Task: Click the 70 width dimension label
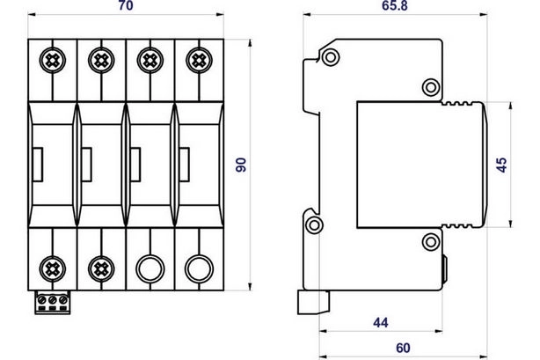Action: click(126, 6)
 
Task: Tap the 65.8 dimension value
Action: click(395, 6)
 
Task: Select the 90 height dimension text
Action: click(241, 165)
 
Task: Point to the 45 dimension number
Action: click(502, 165)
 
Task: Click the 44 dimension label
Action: click(381, 323)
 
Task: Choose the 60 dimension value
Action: click(403, 349)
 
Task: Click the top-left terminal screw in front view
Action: click(53, 61)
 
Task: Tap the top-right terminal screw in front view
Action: click(199, 61)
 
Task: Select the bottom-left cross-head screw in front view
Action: click(53, 268)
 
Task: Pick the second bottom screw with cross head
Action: click(101, 268)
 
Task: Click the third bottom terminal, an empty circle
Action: click(150, 268)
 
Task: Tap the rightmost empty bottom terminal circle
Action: click(199, 268)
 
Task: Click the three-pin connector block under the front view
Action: click(53, 303)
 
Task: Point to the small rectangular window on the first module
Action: click(38, 165)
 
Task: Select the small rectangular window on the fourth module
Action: click(184, 165)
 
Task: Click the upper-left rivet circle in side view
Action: click(331, 57)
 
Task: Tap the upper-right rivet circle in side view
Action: click(431, 87)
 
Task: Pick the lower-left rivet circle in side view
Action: click(314, 225)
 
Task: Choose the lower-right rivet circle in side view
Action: click(431, 242)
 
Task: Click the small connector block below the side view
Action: click(313, 303)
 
